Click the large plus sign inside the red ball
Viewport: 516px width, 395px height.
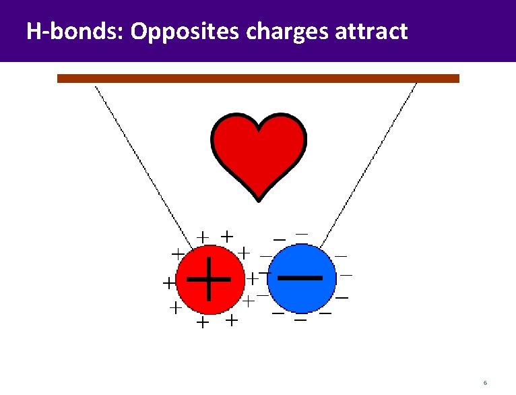[209, 278]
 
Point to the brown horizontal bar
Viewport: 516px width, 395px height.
[258, 78]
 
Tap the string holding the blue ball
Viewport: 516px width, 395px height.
[370, 162]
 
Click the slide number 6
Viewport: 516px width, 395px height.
[484, 383]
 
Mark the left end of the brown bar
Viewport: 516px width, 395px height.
[59, 78]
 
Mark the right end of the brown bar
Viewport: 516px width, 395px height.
[457, 78]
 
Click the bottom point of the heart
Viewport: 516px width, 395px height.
[259, 200]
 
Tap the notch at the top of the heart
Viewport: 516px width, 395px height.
[259, 128]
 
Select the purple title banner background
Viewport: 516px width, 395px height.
[458, 31]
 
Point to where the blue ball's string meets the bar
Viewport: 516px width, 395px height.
[416, 83]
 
